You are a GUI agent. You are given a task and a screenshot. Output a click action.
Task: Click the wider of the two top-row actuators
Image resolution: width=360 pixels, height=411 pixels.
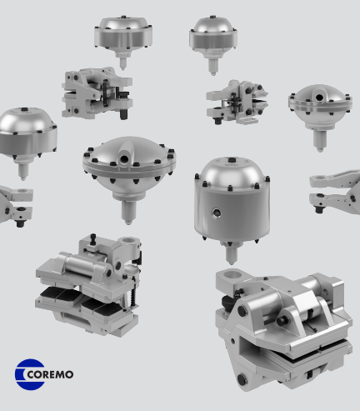pos(122,34)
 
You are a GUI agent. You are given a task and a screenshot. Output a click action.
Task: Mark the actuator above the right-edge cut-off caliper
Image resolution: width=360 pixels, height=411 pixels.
pos(320,109)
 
